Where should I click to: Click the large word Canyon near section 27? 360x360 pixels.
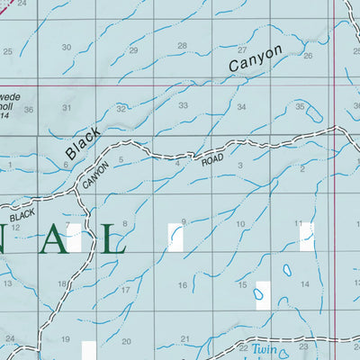coord(255,58)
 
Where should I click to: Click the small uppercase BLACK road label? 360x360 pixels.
coord(22,216)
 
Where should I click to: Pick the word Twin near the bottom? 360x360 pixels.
coord(260,348)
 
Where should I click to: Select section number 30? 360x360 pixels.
coord(66,47)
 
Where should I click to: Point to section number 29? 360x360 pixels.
coord(133,49)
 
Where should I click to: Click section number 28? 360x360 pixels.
coord(182,46)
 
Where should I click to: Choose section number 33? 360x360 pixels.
coord(183,105)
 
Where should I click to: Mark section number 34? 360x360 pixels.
coord(241,107)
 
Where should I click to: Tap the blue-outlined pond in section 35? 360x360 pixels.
coord(315,114)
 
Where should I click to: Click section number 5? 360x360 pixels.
coord(121,160)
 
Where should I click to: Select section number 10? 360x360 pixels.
coord(240,224)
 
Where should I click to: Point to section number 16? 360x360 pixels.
coord(182,285)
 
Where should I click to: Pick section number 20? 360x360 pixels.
coord(126,342)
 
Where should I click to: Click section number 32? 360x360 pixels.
coord(121,108)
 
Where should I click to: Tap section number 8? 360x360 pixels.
coord(124,223)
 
